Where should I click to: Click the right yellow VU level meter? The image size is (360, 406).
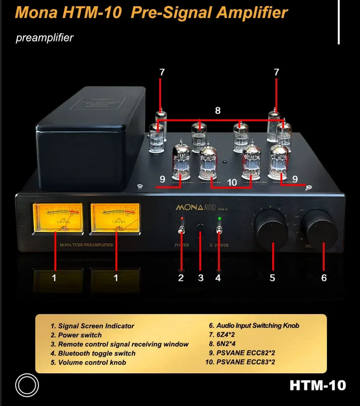115,217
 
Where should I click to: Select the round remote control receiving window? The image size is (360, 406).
200,227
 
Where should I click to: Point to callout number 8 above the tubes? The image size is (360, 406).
218,110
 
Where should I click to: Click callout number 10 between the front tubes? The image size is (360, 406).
231,182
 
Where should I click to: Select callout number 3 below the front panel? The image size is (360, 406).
201,278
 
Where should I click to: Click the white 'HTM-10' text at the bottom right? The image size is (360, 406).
317,385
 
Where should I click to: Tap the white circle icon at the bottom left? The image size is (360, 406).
27,385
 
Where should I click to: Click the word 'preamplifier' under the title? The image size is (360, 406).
45,38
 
